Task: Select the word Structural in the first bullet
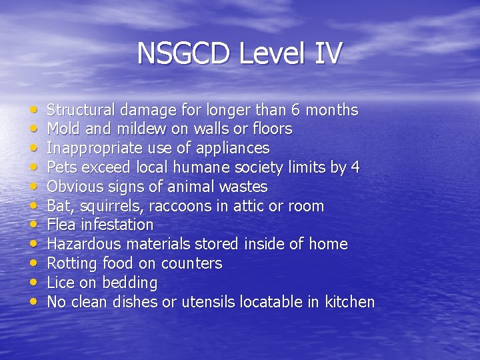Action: click(x=81, y=110)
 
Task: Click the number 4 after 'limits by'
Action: click(x=355, y=167)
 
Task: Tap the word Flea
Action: click(x=62, y=225)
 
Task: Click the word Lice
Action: click(x=61, y=283)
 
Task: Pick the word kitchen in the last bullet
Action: click(x=349, y=302)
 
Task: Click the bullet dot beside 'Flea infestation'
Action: click(x=34, y=225)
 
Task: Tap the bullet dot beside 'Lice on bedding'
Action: click(x=34, y=283)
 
